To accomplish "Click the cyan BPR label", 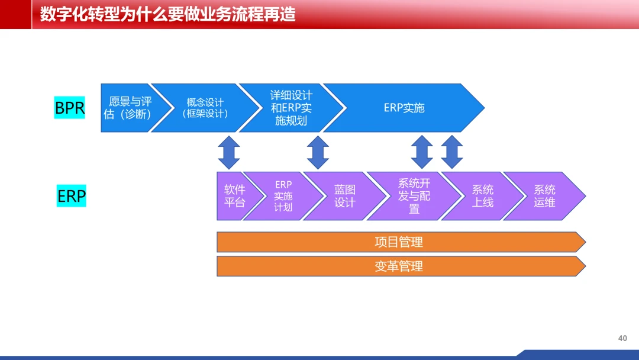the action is point(69,108).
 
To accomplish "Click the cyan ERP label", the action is point(72,196).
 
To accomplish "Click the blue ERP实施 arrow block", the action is point(404,108).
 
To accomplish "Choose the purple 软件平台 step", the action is point(235,196).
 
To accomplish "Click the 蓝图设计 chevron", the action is point(345,196).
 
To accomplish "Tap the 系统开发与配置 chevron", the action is point(414,196).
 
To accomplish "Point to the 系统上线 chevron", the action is point(483,196).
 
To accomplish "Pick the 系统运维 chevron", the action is point(544,196).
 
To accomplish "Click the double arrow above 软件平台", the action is point(229,153).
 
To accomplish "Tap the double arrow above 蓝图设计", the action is point(318,153).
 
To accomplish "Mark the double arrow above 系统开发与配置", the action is point(422,152).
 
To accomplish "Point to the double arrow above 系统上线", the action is point(452,152).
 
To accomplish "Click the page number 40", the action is point(622,339).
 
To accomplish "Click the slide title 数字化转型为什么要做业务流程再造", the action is point(167,15).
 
